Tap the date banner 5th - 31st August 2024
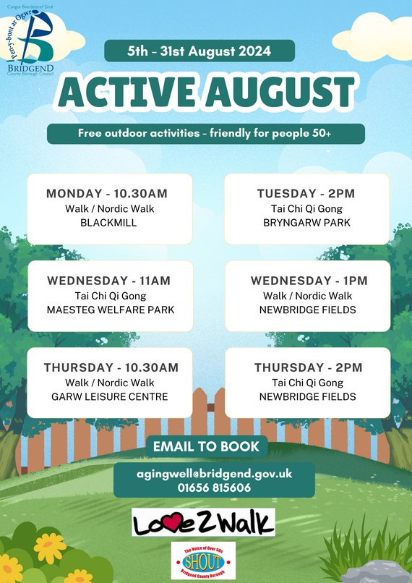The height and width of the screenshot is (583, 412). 199,51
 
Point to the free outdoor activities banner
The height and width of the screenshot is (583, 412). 205,134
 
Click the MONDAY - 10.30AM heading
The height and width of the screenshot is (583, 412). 107,194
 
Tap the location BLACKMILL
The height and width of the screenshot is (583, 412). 109,223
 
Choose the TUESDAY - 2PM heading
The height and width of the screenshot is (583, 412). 306,194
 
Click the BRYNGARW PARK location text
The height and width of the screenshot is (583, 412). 306,223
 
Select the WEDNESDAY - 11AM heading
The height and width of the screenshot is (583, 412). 110,281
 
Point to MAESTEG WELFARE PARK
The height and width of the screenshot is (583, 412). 110,310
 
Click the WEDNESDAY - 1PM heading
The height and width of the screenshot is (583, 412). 309,281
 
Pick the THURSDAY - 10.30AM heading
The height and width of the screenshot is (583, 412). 109,367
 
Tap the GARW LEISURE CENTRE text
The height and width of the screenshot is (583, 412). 110,396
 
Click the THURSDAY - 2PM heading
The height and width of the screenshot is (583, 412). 308,367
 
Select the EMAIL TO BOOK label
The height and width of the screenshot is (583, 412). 206,446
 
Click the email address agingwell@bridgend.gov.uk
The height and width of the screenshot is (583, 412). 205,474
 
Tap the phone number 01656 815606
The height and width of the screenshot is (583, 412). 205,488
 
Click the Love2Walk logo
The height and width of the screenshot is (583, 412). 203,522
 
